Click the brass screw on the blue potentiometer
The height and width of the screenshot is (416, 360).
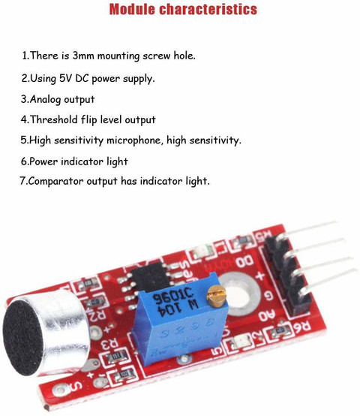tap(217, 296)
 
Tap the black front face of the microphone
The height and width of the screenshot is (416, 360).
tap(22, 338)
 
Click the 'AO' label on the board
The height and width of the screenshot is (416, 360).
tap(266, 315)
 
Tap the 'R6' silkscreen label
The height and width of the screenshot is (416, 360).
tap(301, 326)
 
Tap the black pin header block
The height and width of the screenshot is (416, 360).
tap(287, 275)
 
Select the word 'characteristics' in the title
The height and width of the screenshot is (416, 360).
tap(208, 9)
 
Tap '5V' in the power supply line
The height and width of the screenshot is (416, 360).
tap(65, 78)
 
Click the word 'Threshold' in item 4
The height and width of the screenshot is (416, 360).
tap(54, 119)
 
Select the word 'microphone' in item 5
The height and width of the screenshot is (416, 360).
tap(133, 140)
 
